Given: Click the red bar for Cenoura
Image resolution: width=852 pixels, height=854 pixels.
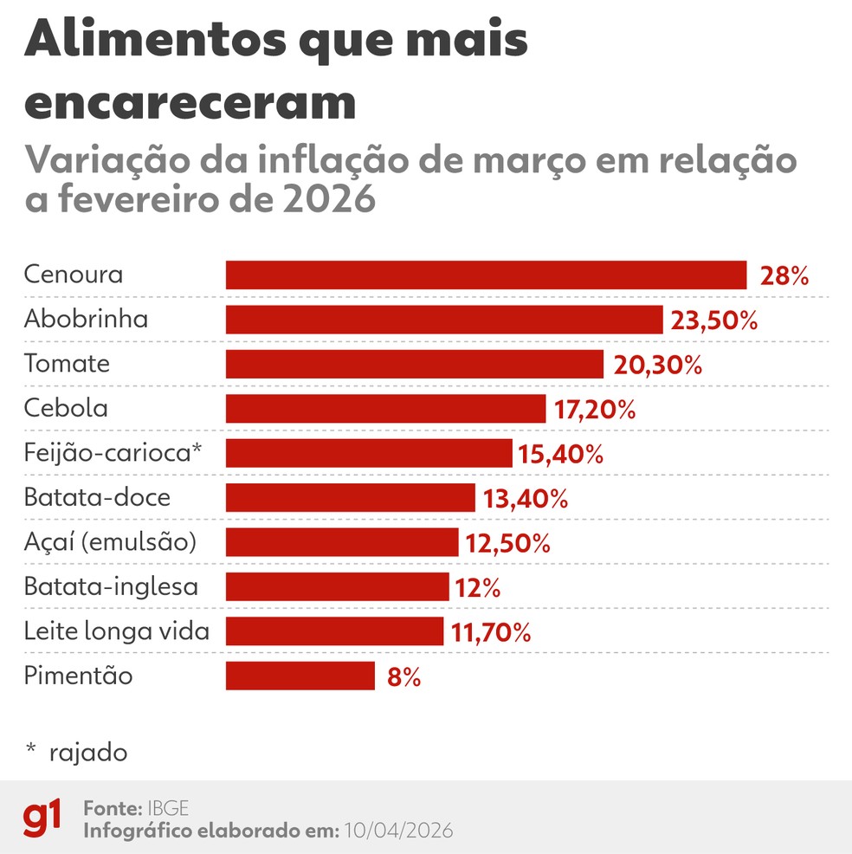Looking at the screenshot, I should pos(486,275).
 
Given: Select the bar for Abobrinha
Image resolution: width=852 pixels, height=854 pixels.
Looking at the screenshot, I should pos(444,320).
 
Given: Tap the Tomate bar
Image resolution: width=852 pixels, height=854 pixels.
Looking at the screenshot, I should pos(414,364).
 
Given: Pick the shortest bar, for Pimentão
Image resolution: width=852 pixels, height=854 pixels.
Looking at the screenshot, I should pos(300,676).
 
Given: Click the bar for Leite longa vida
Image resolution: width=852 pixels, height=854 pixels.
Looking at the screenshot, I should pos(334,631).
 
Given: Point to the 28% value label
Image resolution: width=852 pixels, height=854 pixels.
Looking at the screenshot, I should pos(784,276).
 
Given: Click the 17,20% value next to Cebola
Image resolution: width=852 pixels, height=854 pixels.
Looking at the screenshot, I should pos(594,410).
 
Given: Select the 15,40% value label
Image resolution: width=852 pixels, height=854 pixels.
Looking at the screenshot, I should pos(560,454).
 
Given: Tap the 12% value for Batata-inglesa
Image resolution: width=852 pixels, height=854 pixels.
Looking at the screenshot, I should pos(476,588).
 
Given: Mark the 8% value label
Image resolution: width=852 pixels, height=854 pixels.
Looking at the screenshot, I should pos(403,676).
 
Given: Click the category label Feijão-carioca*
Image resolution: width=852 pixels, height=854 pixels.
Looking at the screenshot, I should pos(112,452).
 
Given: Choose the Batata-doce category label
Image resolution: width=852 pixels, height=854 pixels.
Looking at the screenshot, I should pos(97,498).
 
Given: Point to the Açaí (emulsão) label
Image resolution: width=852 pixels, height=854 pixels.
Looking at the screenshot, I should pos(110,542).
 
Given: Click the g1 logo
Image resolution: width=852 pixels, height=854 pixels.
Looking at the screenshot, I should pos(42,818).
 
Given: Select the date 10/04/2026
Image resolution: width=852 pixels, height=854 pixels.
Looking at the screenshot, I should pos(398,830).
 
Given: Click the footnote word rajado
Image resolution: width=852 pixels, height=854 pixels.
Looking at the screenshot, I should pos(88,752).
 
